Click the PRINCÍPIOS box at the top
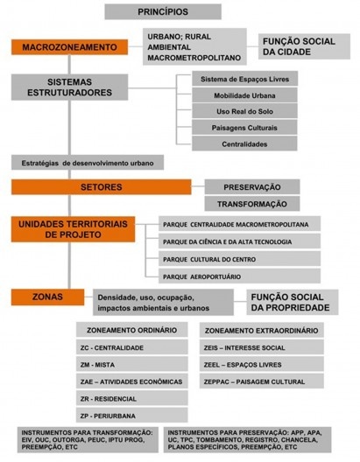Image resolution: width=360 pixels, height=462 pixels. point(163,11)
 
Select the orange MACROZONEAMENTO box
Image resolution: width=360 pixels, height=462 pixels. point(69,47)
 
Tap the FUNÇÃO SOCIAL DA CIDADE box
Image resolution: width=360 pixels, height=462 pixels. point(304,46)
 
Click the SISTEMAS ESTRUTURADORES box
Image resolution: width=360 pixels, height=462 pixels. point(69,87)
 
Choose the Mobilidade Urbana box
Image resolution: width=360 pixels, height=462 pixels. point(244,95)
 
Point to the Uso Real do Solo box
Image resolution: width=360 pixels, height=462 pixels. point(244,111)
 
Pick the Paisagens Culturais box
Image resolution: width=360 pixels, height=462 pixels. point(244,128)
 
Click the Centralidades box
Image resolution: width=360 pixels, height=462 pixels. point(244,143)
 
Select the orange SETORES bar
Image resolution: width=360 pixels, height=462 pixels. point(101,187)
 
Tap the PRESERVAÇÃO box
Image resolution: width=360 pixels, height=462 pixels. point(252,187)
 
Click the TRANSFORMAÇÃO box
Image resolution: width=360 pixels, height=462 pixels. point(252,204)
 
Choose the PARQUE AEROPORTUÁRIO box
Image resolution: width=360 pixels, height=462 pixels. point(239,276)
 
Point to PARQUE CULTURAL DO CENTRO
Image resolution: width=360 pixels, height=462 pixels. point(239,259)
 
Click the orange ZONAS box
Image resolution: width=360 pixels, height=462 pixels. point(48,297)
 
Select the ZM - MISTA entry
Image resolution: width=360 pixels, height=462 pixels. point(131,365)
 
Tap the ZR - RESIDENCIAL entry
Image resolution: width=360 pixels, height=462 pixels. point(131,399)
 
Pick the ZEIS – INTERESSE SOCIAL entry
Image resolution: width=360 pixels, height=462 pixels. point(262,347)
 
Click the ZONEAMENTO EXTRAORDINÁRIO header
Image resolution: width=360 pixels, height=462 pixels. point(262,330)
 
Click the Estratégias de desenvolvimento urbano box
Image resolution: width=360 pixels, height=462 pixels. point(88,163)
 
